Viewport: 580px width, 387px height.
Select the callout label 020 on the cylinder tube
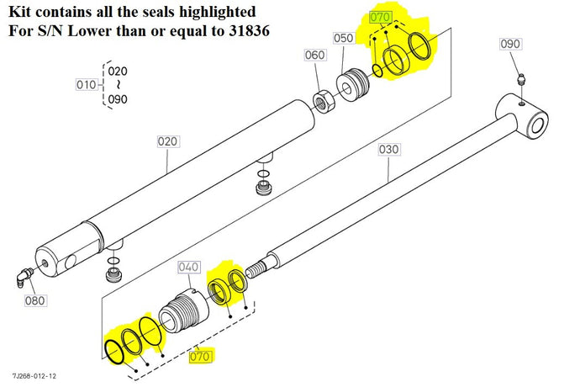[x=168, y=142]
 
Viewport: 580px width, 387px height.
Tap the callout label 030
[x=388, y=150]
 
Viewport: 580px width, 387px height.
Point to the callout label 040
[x=189, y=267]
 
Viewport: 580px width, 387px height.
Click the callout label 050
[x=343, y=39]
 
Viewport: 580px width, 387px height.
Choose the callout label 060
[x=314, y=56]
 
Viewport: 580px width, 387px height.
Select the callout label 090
[x=510, y=44]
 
